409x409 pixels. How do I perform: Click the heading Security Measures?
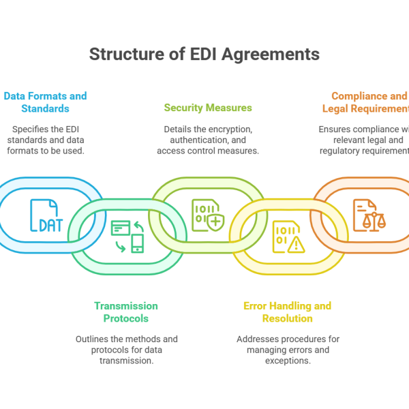[208, 108]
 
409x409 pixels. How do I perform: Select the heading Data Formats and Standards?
[45, 102]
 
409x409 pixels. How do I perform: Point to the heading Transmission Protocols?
[125, 312]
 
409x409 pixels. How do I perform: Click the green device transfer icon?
[127, 236]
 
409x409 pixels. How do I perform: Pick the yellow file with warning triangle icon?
[286, 236]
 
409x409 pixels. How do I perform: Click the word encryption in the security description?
[232, 129]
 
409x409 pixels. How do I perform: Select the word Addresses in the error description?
[256, 339]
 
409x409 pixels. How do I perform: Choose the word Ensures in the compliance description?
[335, 129]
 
